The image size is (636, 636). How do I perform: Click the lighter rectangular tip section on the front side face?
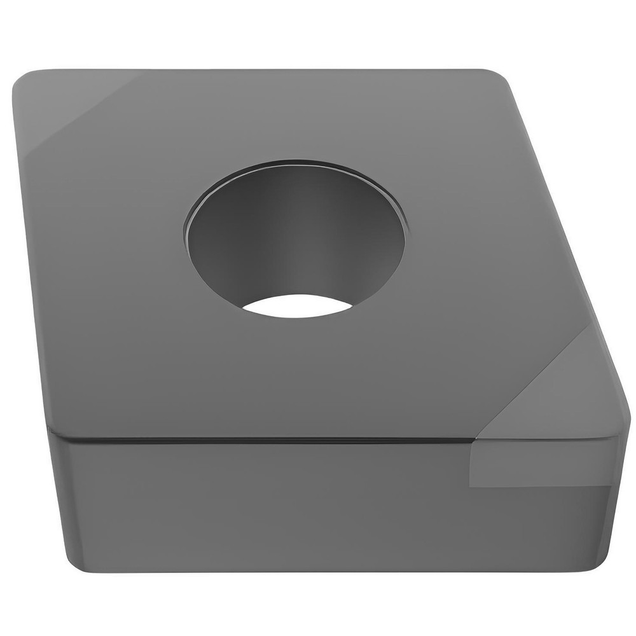pos(541,464)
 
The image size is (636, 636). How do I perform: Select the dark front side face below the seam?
pos(254,502)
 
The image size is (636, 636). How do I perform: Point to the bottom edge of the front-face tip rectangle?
pos(541,487)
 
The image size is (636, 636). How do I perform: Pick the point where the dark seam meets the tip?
pos(474,440)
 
